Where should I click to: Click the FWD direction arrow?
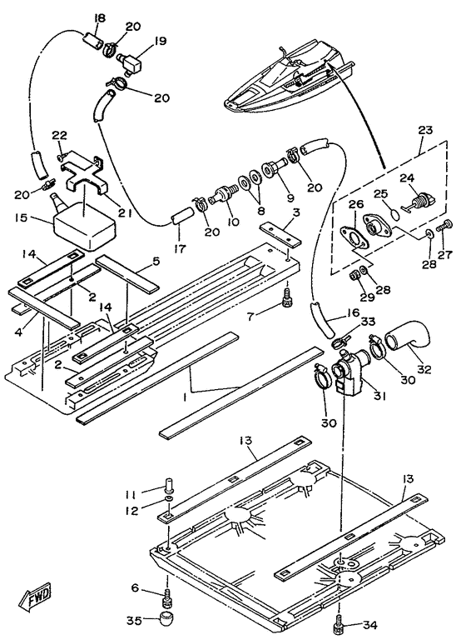(35, 598)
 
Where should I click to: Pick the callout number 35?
(134, 621)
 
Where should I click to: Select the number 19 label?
(160, 41)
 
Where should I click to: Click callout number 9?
(290, 198)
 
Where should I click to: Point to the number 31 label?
(379, 395)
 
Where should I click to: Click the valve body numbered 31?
(349, 373)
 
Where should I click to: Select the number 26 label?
(356, 203)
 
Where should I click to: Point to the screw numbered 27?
(444, 225)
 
